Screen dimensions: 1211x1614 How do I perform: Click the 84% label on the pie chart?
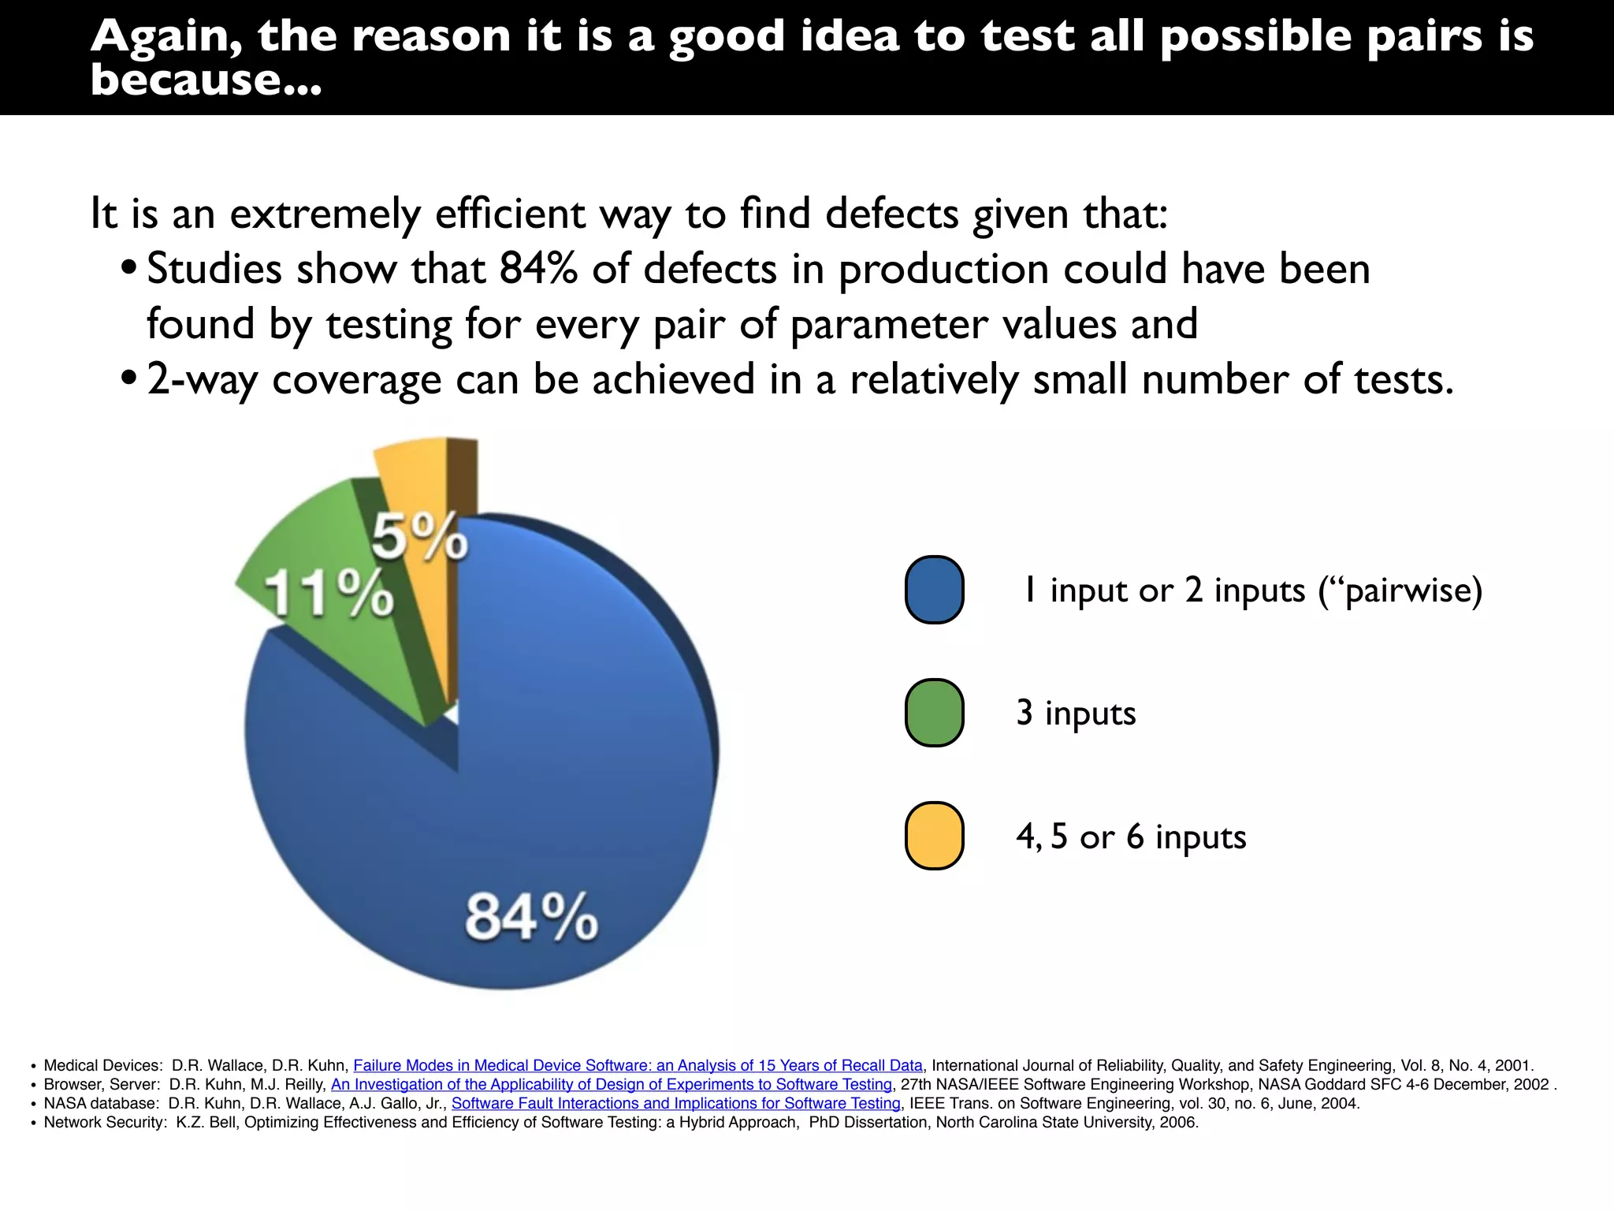click(x=531, y=917)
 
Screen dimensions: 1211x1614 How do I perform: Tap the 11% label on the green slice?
click(x=329, y=592)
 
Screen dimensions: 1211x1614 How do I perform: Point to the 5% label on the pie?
click(x=419, y=536)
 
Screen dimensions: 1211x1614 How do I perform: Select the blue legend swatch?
click(x=934, y=590)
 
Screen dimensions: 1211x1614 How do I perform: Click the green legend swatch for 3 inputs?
click(x=934, y=713)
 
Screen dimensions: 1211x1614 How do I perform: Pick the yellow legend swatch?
click(x=934, y=836)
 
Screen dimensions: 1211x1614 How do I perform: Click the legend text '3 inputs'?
click(x=1076, y=713)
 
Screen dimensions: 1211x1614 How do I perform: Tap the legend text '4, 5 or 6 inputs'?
click(x=1131, y=837)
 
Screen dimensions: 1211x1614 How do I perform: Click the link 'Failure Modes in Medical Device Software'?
click(x=638, y=1065)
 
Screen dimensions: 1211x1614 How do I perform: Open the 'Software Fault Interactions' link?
click(x=675, y=1103)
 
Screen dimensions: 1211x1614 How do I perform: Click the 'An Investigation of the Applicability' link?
click(x=611, y=1084)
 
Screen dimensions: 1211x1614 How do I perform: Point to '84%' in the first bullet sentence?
click(x=538, y=268)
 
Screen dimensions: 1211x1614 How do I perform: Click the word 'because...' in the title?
click(x=206, y=80)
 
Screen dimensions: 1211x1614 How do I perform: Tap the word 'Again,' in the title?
click(x=166, y=37)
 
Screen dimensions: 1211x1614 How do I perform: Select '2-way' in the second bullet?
click(x=201, y=379)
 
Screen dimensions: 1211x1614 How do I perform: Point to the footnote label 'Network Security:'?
click(x=106, y=1122)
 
